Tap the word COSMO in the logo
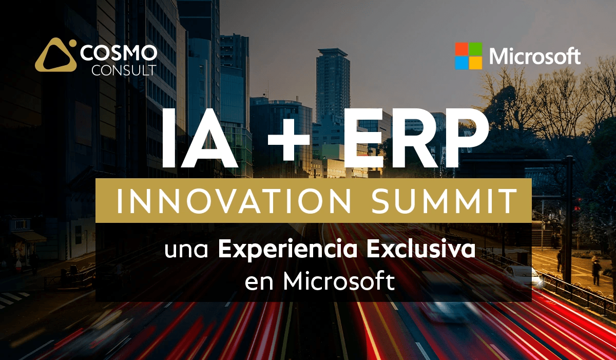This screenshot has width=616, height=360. pyautogui.click(x=119, y=53)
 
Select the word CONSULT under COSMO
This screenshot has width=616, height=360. pyautogui.click(x=124, y=70)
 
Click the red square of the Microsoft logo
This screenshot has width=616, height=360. pyautogui.click(x=461, y=49)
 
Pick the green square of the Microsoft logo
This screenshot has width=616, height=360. pyautogui.click(x=475, y=49)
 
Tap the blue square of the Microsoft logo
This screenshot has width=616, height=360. pyautogui.click(x=461, y=63)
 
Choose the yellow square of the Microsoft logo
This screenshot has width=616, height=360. pyautogui.click(x=475, y=63)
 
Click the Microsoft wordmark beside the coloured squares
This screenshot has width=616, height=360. pyautogui.click(x=535, y=56)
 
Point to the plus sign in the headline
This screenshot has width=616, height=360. pyautogui.click(x=288, y=138)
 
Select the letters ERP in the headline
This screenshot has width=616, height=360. pyautogui.click(x=415, y=138)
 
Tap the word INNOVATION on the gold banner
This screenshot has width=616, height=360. pyautogui.click(x=234, y=201)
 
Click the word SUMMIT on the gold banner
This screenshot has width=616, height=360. pyautogui.click(x=445, y=201)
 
